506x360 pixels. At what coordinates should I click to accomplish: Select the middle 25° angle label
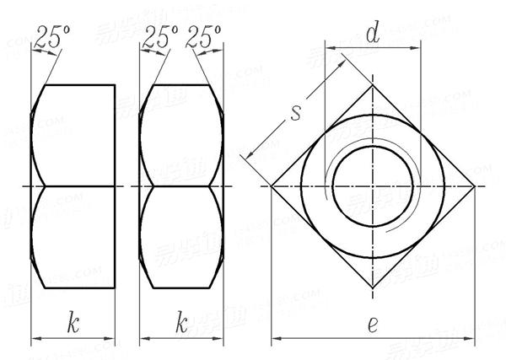point(160,35)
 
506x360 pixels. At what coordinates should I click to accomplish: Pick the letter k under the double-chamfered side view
point(180,321)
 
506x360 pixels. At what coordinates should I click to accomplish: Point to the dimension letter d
point(372,35)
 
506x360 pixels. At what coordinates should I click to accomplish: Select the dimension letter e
point(373,324)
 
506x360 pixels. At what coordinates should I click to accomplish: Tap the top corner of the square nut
point(374,83)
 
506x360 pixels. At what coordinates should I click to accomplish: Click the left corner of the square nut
point(271,186)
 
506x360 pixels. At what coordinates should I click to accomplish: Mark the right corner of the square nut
point(476,186)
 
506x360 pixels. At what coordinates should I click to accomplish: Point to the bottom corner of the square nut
point(374,289)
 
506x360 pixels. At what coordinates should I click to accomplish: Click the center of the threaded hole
point(374,186)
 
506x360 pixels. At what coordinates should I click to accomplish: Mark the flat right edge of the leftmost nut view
point(116,185)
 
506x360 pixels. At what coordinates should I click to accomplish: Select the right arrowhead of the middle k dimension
point(218,341)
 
